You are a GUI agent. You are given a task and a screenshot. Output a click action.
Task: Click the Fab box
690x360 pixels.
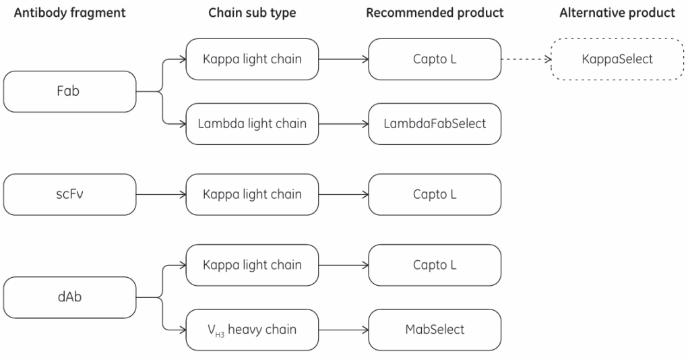(x=69, y=92)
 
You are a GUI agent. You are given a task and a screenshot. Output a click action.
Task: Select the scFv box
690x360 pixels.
(x=69, y=195)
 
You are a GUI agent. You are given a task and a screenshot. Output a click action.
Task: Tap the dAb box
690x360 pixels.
(x=69, y=297)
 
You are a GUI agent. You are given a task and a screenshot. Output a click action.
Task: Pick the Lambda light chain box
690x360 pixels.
(x=252, y=124)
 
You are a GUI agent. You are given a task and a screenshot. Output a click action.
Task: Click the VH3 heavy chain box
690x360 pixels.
(x=252, y=330)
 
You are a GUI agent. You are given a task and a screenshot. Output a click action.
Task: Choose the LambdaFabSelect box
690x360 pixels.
(x=435, y=124)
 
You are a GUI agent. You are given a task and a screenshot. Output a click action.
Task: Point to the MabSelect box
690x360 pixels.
(x=435, y=330)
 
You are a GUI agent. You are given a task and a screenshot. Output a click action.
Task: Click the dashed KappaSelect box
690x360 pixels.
(x=617, y=59)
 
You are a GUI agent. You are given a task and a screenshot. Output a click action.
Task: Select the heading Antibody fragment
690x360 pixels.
(x=69, y=13)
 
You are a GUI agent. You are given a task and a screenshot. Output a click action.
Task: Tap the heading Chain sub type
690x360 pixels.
(x=252, y=13)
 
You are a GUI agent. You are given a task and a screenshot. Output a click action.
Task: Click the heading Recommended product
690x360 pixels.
(x=435, y=13)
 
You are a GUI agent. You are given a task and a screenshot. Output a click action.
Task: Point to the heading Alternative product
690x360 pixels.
(x=617, y=13)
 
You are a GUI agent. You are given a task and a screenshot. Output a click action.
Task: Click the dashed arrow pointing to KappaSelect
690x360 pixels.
(x=526, y=59)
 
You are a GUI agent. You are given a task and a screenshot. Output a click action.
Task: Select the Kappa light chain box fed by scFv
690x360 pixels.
(x=252, y=195)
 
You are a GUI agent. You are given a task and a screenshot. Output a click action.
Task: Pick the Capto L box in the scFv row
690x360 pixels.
(x=435, y=195)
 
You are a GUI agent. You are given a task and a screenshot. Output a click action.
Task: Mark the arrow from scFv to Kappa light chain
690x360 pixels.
(x=161, y=195)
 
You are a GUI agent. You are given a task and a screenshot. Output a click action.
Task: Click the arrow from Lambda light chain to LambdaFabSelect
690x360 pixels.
(x=344, y=124)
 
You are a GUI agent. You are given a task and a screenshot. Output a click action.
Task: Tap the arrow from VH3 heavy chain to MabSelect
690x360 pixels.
(x=344, y=330)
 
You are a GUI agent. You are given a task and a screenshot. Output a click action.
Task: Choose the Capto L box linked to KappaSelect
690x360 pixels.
(x=435, y=59)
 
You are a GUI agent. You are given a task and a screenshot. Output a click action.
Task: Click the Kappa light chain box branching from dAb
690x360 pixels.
(x=252, y=266)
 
